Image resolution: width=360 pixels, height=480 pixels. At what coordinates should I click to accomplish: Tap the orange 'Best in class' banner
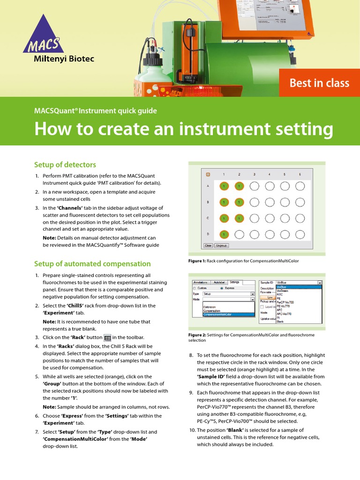[x=319, y=83]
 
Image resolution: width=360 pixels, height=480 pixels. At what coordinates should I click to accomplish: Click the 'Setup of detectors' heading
[x=65, y=165]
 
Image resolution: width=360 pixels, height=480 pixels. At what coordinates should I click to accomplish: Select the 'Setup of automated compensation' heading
[x=92, y=263]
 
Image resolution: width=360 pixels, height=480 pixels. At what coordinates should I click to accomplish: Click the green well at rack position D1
[x=224, y=234]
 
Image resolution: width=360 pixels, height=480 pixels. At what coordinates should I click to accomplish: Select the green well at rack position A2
[x=239, y=186]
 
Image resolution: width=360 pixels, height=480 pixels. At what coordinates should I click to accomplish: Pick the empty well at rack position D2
[x=239, y=234]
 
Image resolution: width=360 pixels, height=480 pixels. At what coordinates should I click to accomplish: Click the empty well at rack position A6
[x=299, y=186]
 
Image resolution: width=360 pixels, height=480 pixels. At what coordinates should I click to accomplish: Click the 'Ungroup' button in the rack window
[x=221, y=245]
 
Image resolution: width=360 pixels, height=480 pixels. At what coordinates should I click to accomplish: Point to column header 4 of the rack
[x=269, y=174]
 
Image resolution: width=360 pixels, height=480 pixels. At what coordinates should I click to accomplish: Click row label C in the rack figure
[x=208, y=218]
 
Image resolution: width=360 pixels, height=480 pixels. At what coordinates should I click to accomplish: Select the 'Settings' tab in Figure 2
[x=234, y=283]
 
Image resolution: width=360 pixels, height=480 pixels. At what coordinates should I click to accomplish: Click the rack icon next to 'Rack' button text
[x=107, y=337]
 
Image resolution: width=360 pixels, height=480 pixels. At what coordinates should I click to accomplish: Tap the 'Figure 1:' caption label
[x=197, y=261]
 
